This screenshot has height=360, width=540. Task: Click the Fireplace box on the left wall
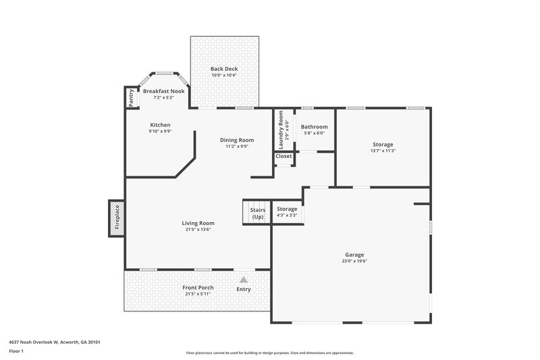coord(116,219)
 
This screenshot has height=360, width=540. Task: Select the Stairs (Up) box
coord(257,213)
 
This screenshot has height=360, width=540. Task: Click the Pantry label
coord(131,98)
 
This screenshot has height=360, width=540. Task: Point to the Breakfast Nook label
coord(163,91)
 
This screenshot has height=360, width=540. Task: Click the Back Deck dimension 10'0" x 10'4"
coord(223,76)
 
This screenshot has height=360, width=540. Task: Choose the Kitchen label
coord(160,125)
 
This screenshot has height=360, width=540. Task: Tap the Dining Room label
coord(237,140)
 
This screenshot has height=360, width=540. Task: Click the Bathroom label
coord(314,127)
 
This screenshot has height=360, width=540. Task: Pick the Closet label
coord(283,156)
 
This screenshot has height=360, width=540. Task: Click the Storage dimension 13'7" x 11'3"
coord(383,151)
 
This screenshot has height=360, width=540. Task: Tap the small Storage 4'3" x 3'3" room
coord(287,212)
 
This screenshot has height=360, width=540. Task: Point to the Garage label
coord(354,255)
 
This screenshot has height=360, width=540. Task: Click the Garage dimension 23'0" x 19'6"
coord(354,261)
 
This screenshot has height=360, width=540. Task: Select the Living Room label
coord(198,223)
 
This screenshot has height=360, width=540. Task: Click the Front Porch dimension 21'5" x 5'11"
coord(198,294)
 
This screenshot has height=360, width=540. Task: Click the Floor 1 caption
coord(16,352)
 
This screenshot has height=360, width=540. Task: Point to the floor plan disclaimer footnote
coord(269,353)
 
